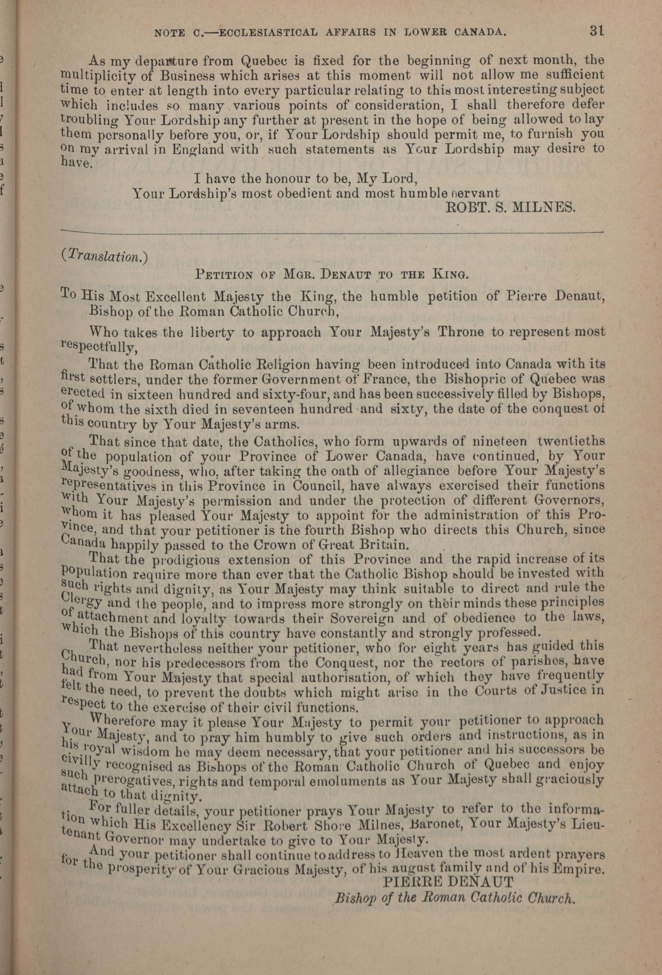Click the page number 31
pos(595,31)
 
